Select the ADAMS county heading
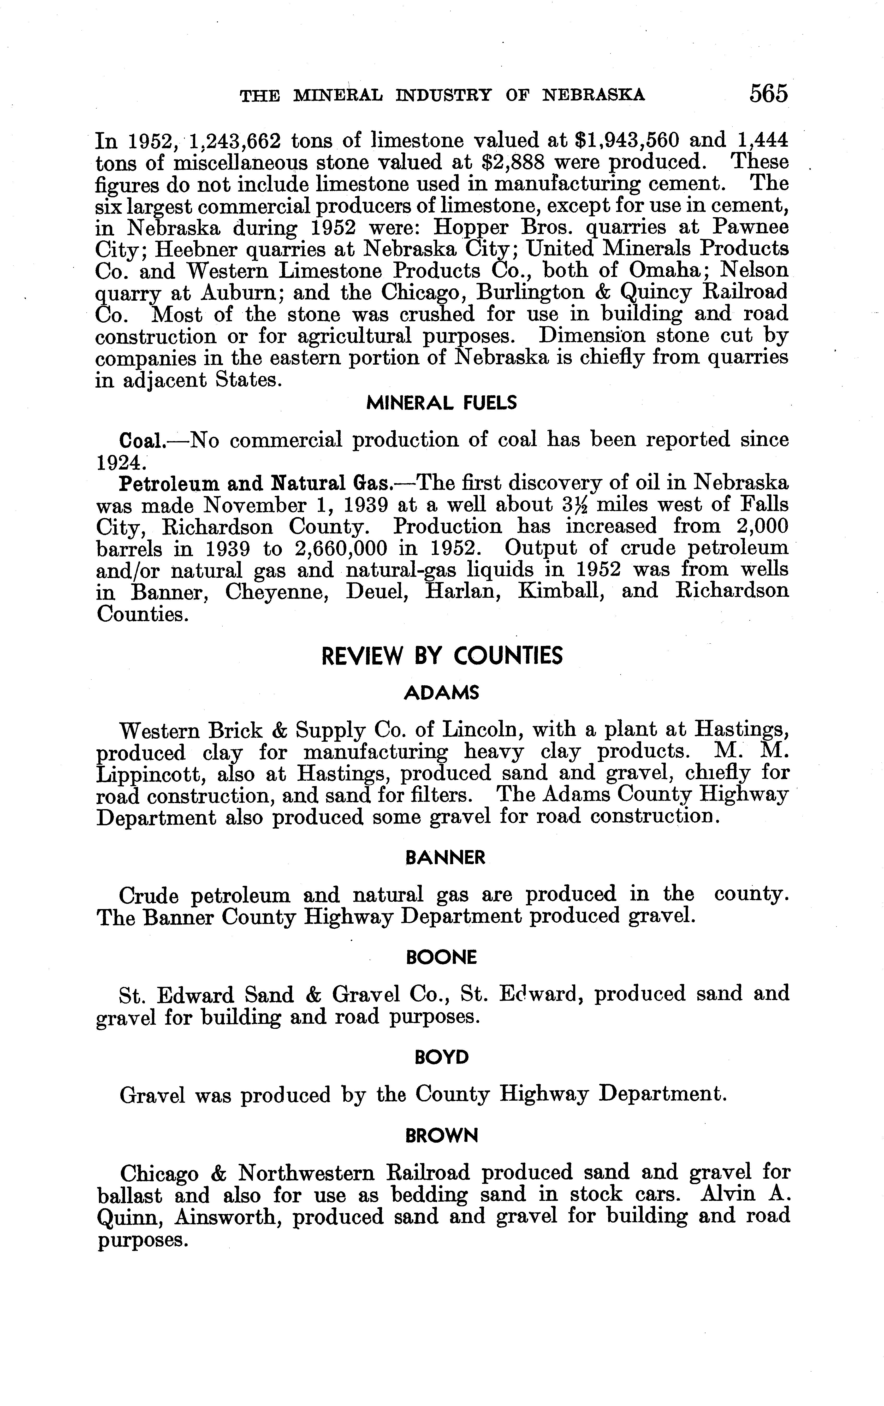(441, 693)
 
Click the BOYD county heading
(441, 1057)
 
